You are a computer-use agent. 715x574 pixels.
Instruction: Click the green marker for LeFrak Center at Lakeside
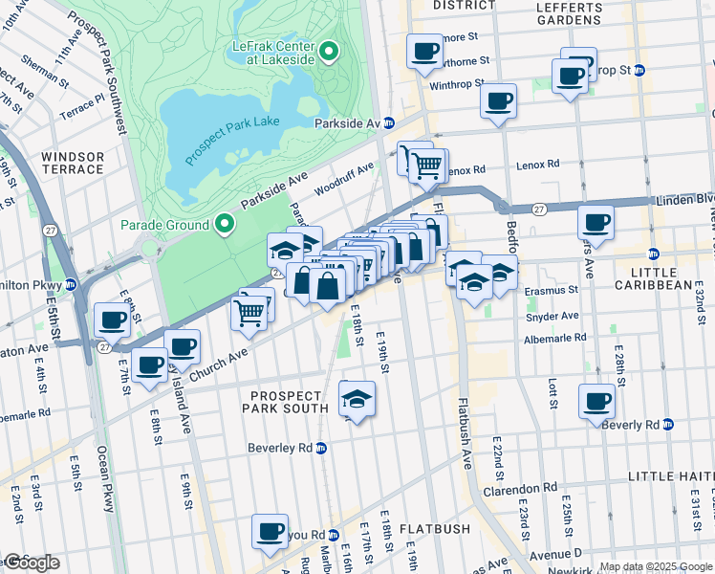[329, 52]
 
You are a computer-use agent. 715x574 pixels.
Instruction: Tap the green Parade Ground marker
[226, 225]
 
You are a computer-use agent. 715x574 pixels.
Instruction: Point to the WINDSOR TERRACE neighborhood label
[73, 163]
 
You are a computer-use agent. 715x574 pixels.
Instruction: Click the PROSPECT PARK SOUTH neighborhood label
[294, 403]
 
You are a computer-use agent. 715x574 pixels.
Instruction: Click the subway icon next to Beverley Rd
[322, 448]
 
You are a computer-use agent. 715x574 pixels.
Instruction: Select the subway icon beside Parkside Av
[389, 124]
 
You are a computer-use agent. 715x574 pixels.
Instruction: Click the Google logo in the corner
[31, 562]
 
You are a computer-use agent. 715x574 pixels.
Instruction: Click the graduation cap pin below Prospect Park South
[357, 398]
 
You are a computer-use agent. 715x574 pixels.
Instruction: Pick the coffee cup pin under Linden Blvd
[596, 223]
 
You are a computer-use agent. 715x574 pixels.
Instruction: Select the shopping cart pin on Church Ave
[249, 311]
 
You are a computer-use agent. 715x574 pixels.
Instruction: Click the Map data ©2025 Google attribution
[656, 566]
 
